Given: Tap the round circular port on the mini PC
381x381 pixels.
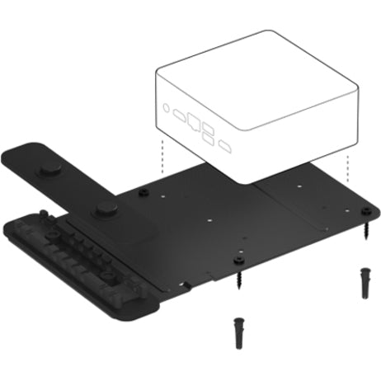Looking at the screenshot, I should pyautogui.click(x=167, y=107).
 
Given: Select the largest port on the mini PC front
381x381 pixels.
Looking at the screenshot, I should pyautogui.click(x=194, y=120).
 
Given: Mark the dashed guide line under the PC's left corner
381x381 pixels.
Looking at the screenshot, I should pyautogui.click(x=162, y=161).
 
